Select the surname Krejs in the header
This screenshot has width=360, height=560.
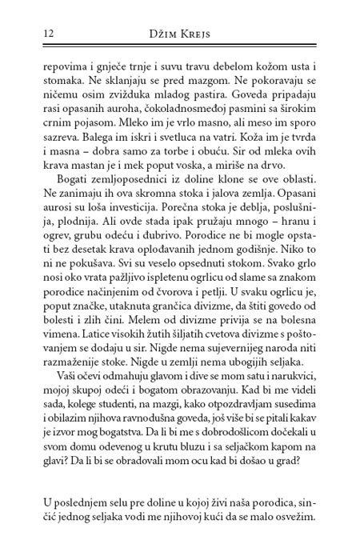coord(200,33)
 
